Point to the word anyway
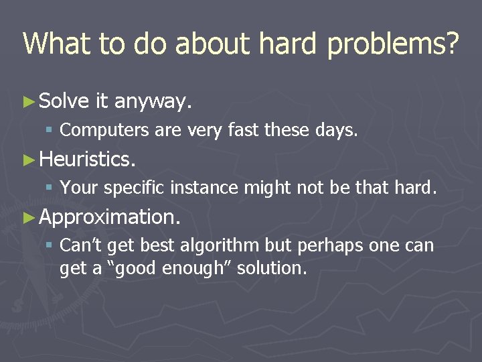[154, 103]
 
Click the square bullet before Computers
[51, 131]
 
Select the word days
[337, 131]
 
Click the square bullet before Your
[51, 189]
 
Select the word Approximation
[110, 218]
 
